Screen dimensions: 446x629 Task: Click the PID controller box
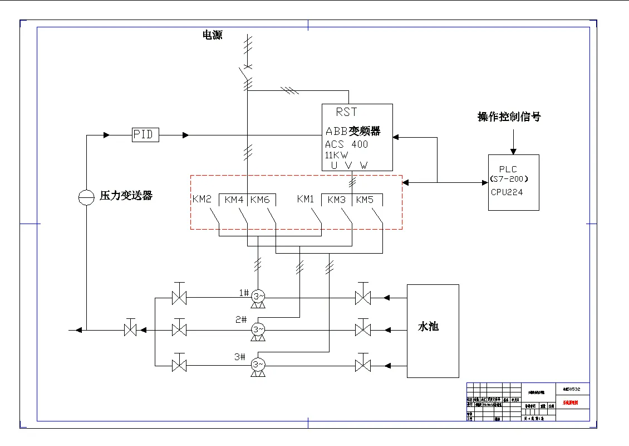145,135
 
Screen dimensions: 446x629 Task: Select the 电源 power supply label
212,35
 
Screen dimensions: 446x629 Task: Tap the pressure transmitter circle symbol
86,197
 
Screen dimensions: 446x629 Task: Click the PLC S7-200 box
513,182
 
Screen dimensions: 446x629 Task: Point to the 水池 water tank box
433,331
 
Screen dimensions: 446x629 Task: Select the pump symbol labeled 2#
257,329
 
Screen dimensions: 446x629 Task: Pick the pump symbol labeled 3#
257,364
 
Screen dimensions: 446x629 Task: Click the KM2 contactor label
202,200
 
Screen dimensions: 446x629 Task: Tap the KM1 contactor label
306,199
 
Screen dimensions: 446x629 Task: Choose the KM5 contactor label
365,200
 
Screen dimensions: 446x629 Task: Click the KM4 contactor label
234,200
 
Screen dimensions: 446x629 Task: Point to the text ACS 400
346,144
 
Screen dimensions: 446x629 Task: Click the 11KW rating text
337,155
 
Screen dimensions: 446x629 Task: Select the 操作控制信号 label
509,117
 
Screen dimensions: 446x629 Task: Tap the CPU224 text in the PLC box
507,192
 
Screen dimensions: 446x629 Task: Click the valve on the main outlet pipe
130,329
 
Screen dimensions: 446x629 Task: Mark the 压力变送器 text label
126,196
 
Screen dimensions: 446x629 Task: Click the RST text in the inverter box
346,112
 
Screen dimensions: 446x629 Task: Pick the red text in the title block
570,402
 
